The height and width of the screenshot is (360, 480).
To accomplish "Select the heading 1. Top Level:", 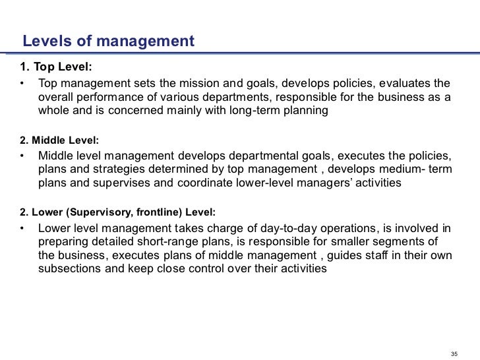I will coord(57,69).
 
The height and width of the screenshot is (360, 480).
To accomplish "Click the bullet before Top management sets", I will coord(22,84).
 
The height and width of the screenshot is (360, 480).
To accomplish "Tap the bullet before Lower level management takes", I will coord(22,229).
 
